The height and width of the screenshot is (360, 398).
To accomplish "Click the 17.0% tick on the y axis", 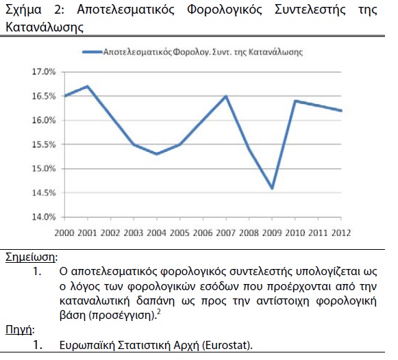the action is (x=44, y=72).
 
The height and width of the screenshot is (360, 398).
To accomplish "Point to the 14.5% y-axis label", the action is (x=44, y=193).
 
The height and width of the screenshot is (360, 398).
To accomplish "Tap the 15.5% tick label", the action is (x=44, y=144).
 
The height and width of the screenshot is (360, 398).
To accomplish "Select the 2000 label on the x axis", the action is (x=64, y=233).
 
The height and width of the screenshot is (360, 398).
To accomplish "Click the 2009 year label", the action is (x=272, y=233).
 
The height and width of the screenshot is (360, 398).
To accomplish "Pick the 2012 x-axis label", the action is (x=341, y=233).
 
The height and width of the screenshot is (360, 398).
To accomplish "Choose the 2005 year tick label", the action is (x=179, y=233).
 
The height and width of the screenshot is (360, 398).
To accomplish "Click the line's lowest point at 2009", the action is (x=272, y=188).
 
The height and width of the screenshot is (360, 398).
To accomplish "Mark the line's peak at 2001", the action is (x=88, y=86).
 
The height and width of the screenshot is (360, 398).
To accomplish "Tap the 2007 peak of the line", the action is (x=226, y=96).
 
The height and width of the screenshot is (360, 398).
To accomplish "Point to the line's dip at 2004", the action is (x=157, y=154).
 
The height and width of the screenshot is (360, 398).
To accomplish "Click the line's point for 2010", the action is (x=295, y=101).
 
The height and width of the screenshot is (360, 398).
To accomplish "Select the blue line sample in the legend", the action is (x=92, y=52).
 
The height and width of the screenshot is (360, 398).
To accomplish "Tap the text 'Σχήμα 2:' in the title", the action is (x=34, y=10).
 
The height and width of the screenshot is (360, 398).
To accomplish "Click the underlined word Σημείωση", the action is (x=30, y=257).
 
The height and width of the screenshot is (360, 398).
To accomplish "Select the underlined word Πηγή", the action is (x=19, y=330).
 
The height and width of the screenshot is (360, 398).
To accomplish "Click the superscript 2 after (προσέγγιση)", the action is (x=159, y=312).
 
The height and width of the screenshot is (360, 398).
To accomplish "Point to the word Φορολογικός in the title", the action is (x=225, y=10).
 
